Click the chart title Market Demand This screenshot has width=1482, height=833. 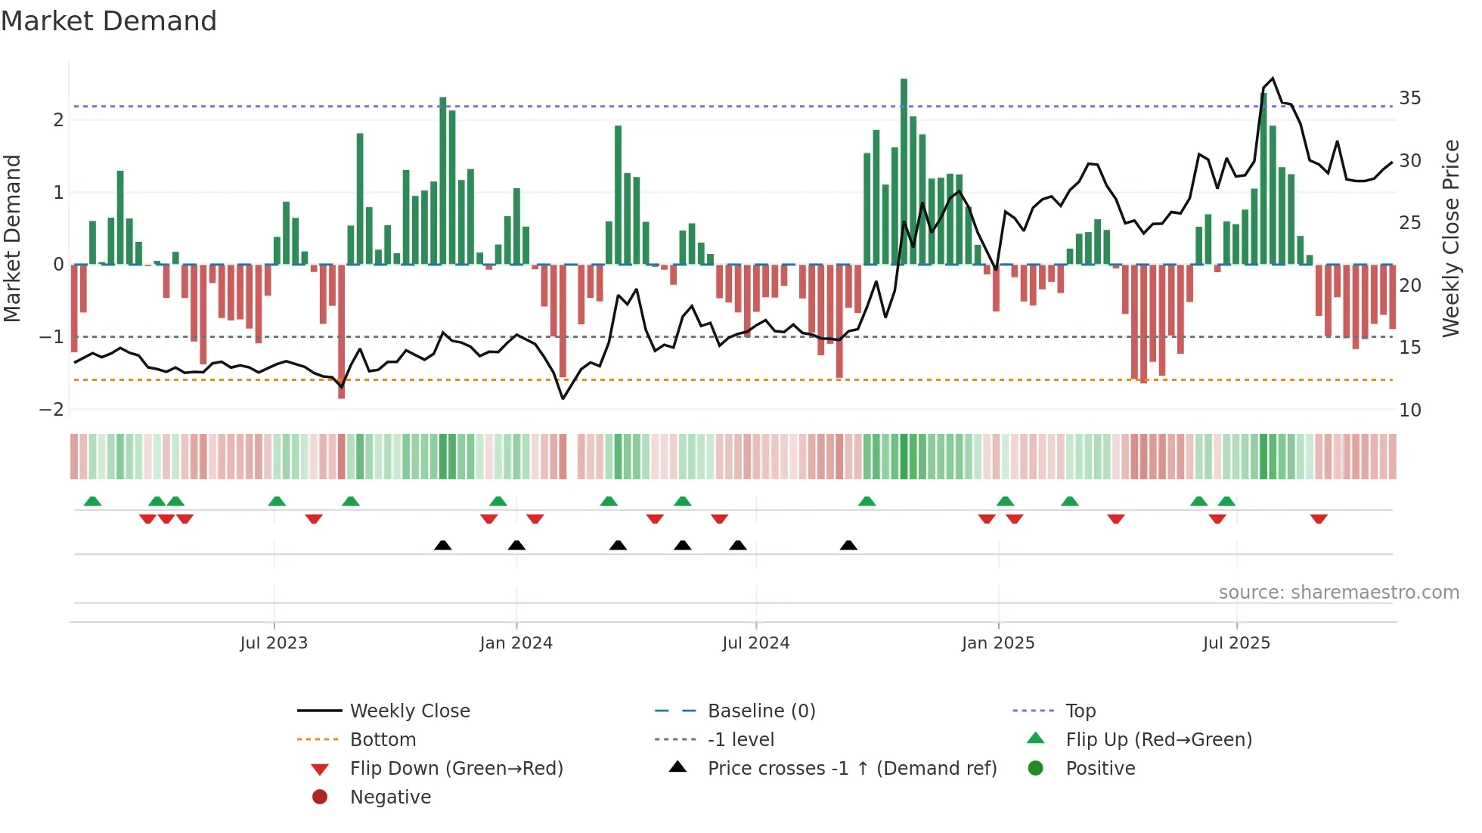coord(109,21)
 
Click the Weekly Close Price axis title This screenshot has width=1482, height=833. coord(1450,238)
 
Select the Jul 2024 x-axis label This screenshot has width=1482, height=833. coord(755,643)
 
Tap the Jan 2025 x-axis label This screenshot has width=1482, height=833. coord(997,643)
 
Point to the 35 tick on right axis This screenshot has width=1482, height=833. coord(1409,98)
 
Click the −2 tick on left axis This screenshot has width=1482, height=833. coord(51,410)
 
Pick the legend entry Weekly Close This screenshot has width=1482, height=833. coord(409,711)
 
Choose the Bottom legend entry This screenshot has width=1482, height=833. coord(383,740)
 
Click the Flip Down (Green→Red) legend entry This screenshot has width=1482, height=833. coord(456,769)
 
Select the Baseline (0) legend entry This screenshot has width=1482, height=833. coord(761,711)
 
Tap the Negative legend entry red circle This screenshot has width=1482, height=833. coord(320,797)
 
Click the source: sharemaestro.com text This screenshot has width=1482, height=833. coord(1338,593)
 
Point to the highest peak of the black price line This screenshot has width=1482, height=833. coord(1273,78)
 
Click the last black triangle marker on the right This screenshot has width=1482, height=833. coord(848,545)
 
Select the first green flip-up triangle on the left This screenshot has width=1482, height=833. coord(92,501)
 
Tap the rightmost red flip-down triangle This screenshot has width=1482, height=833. coord(1319,519)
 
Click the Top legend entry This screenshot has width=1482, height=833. coord(1080,711)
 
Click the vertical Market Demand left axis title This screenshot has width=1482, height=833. coord(12,238)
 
